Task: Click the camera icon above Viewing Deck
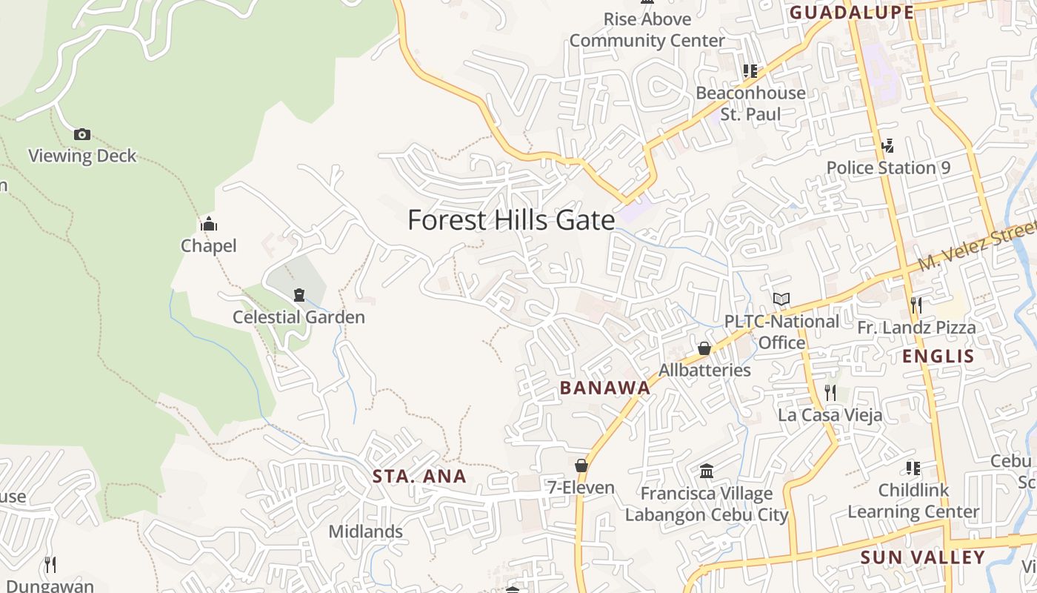[x=82, y=134]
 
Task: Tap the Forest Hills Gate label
[x=511, y=220]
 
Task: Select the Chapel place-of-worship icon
[x=209, y=224]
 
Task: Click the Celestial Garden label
[x=299, y=317]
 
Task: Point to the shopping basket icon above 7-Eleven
[x=581, y=466]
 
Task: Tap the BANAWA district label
[x=604, y=388]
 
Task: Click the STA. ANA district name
[x=419, y=477]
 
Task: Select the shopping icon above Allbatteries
[x=704, y=348]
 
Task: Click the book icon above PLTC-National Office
[x=781, y=299]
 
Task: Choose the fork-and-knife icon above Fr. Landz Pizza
[x=916, y=305]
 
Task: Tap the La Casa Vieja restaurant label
[x=830, y=414]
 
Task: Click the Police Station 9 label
[x=888, y=168]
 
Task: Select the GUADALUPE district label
[x=851, y=12]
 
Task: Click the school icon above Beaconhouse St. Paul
[x=750, y=71]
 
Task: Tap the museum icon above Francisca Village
[x=707, y=471]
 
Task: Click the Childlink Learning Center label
[x=913, y=501]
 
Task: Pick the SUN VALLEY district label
[x=922, y=557]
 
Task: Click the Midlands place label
[x=365, y=531]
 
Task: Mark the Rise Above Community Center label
[x=647, y=30]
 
